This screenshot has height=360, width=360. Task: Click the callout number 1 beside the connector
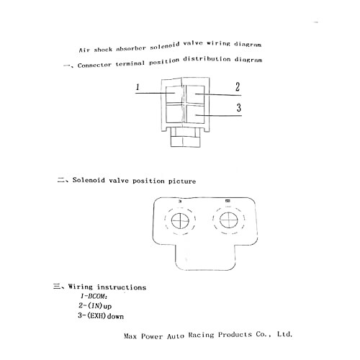[x=138, y=87]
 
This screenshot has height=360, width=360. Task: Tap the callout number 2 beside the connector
[x=238, y=87]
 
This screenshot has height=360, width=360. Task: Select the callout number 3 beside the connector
[x=239, y=107]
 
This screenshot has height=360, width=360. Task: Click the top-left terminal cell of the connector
[x=174, y=94]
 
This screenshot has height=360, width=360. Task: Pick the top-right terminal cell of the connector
[x=195, y=94]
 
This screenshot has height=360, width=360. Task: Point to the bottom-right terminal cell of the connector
[x=195, y=114]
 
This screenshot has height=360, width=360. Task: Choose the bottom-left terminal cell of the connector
[x=174, y=113]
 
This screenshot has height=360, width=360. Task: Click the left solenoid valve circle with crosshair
[x=180, y=221]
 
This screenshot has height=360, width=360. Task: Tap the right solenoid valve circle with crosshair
[x=229, y=220]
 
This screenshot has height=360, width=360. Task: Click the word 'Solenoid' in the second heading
[x=89, y=180]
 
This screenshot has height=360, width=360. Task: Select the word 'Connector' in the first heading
[x=94, y=65]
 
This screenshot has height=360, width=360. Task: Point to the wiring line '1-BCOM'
[x=94, y=297]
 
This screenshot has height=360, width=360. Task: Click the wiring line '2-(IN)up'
[x=95, y=306]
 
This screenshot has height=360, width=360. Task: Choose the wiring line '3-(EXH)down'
[x=101, y=315]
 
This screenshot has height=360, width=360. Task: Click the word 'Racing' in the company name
[x=201, y=335]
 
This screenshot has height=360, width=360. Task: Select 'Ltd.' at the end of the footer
[x=284, y=334]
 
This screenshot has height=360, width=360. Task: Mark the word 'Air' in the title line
[x=84, y=50]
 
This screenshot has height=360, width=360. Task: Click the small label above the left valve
[x=180, y=202]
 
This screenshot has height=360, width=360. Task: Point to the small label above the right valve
[x=228, y=201]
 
